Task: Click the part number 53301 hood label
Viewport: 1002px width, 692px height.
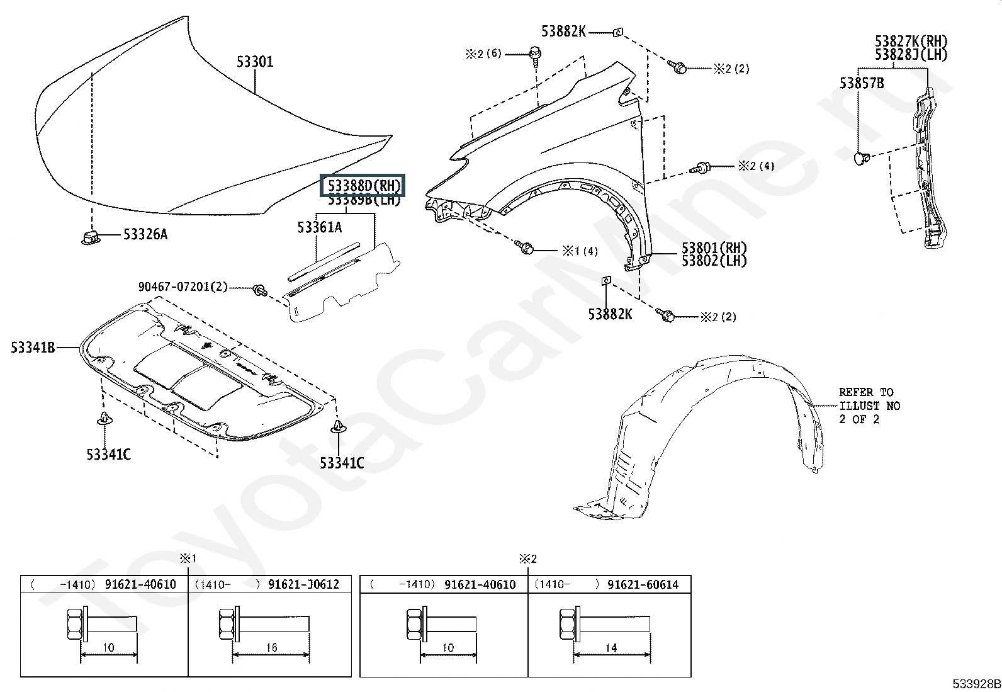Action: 255,62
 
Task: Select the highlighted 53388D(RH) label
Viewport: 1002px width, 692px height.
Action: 363,186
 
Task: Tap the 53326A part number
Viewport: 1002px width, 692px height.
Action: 145,235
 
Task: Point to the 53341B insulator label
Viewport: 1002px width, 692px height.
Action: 33,347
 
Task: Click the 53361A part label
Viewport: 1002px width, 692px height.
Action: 320,227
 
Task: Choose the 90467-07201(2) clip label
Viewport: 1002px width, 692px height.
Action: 183,287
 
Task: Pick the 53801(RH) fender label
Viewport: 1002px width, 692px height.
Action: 714,248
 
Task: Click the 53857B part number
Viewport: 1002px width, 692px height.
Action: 861,83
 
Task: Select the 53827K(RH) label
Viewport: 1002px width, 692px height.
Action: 911,42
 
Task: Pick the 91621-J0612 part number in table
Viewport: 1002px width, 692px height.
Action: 303,584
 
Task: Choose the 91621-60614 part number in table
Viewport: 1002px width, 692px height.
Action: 643,584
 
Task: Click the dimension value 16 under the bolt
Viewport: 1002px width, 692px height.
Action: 271,647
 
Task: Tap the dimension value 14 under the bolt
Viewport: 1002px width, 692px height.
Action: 611,647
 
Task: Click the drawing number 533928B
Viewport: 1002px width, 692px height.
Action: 976,684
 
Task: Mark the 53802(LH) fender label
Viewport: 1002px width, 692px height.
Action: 714,261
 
